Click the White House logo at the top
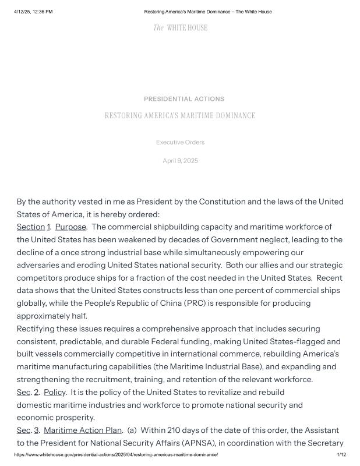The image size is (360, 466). click(x=180, y=27)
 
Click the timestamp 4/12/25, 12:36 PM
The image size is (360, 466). click(x=33, y=12)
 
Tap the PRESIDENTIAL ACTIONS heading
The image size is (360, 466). click(x=183, y=99)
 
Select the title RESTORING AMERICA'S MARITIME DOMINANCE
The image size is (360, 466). click(x=180, y=116)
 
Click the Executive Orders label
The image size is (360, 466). click(x=180, y=142)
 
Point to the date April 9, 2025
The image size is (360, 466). click(x=180, y=161)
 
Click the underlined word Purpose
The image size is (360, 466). click(x=70, y=227)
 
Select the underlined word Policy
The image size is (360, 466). click(x=55, y=392)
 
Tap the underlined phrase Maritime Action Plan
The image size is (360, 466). click(x=83, y=430)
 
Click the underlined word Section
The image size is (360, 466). click(x=31, y=227)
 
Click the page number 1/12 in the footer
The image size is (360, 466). click(x=341, y=454)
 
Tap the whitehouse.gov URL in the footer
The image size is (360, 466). click(x=116, y=454)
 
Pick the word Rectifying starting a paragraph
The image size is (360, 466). click(x=38, y=329)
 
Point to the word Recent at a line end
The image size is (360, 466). click(x=329, y=278)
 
